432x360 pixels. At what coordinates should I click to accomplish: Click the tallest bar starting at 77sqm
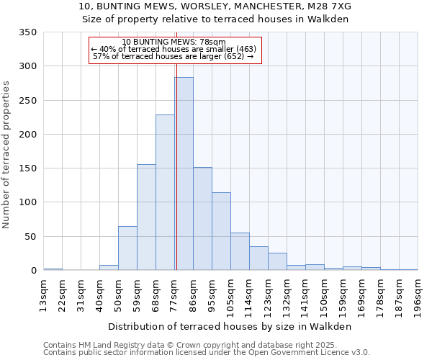pyautogui.click(x=184, y=174)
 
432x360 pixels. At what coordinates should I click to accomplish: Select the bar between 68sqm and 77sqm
pyautogui.click(x=165, y=192)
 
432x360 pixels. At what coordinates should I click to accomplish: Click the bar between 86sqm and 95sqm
pyautogui.click(x=202, y=219)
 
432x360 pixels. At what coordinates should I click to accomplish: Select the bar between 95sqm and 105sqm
pyautogui.click(x=221, y=232)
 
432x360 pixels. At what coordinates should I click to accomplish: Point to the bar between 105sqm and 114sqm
pyautogui.click(x=240, y=252)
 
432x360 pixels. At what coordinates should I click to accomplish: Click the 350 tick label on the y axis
pyautogui.click(x=28, y=32)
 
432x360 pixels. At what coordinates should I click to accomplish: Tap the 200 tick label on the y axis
pyautogui.click(x=28, y=135)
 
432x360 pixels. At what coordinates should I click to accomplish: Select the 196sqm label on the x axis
pyautogui.click(x=418, y=296)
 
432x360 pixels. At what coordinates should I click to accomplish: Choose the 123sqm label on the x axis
pyautogui.click(x=269, y=296)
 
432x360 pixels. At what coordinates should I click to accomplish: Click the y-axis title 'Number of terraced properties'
pyautogui.click(x=7, y=155)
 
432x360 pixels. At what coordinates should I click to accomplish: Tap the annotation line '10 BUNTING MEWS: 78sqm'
pyautogui.click(x=174, y=42)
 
